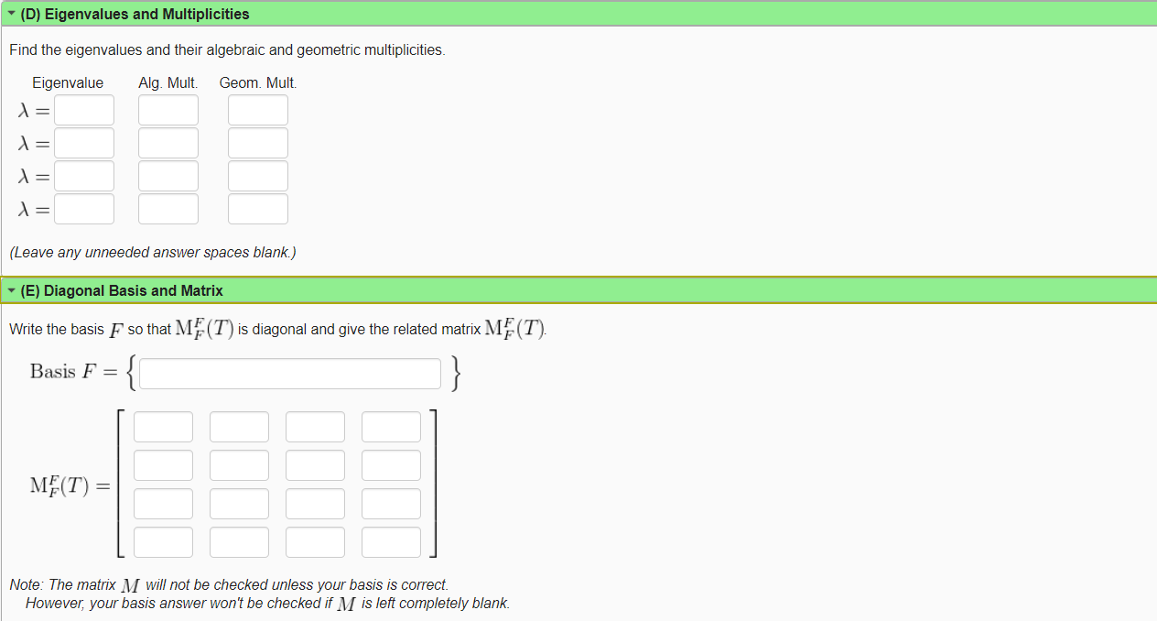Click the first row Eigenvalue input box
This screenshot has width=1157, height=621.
click(84, 110)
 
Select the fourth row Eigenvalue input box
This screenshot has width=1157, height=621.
click(84, 209)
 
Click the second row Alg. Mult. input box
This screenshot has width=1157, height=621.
click(168, 143)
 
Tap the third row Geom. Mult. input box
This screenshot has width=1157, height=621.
click(258, 176)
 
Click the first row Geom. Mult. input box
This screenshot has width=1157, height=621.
click(258, 110)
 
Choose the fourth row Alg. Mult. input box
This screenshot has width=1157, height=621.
click(168, 209)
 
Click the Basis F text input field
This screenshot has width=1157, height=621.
click(290, 373)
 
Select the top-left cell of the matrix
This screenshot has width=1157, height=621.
click(163, 427)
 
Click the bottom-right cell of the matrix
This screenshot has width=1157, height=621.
click(391, 542)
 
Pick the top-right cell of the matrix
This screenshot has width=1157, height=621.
click(391, 427)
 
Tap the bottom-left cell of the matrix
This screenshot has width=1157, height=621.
click(163, 542)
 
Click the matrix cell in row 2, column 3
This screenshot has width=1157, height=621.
click(315, 465)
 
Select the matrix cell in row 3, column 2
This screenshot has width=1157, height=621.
click(239, 504)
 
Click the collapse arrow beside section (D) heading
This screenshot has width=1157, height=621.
click(11, 15)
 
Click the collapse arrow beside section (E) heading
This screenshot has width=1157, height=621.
click(11, 291)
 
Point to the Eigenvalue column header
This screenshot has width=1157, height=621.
click(68, 83)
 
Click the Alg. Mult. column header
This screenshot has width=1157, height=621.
click(168, 83)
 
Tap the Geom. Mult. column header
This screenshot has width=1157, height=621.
click(258, 83)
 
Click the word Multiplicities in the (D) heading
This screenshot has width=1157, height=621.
click(202, 15)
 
